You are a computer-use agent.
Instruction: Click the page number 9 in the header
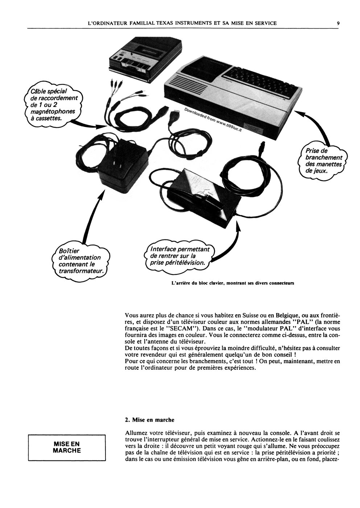[x=338, y=23]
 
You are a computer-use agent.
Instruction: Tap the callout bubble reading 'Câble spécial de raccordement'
[x=53, y=105]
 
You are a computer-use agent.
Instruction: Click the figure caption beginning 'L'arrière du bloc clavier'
[x=233, y=283]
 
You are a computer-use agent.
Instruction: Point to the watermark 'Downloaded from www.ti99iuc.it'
[x=213, y=120]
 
